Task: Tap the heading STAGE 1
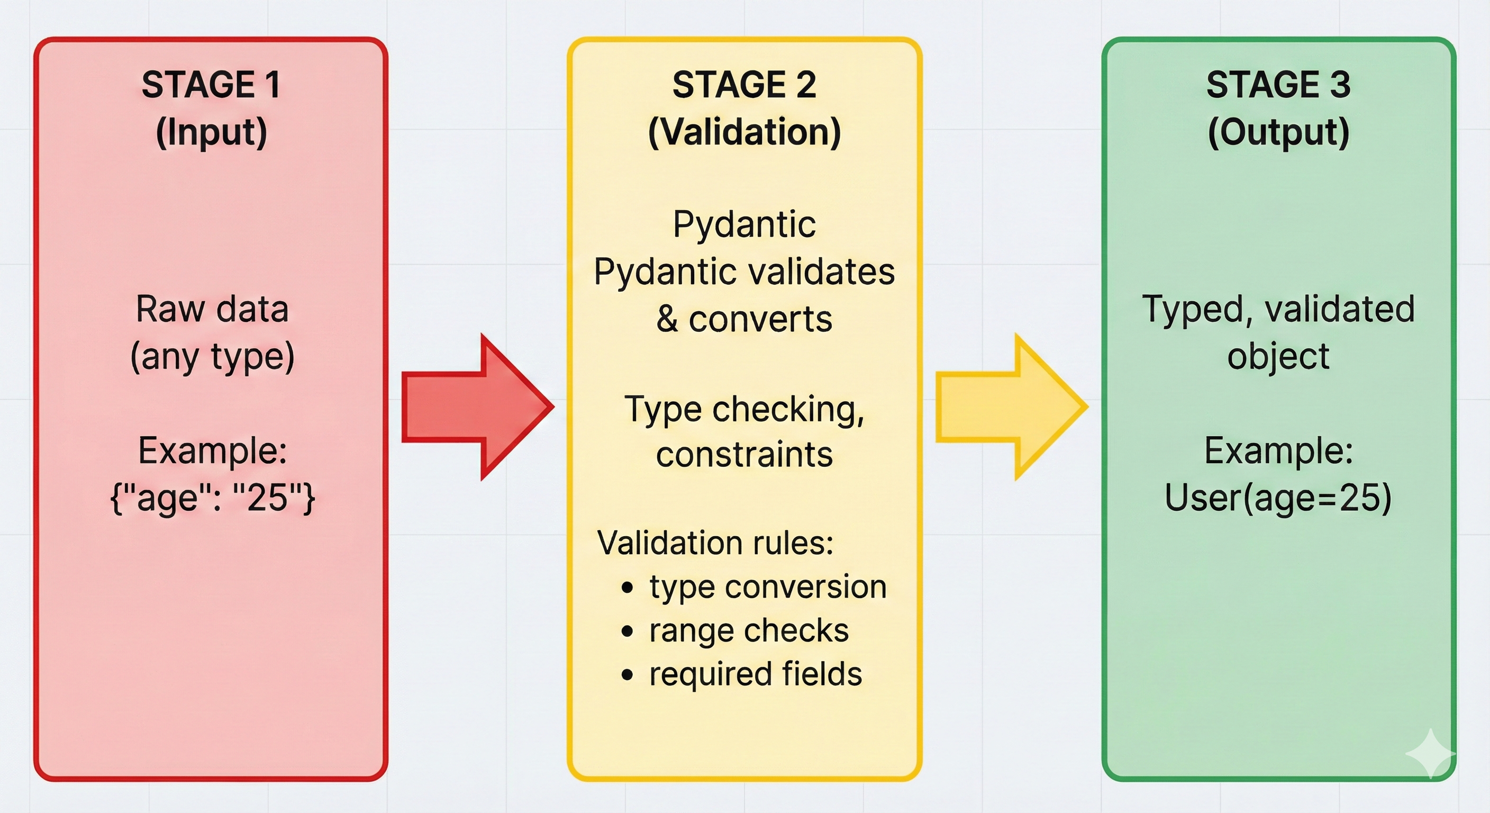click(x=211, y=85)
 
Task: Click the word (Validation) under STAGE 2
click(x=744, y=132)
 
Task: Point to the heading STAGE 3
click(x=1278, y=85)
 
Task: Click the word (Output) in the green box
click(x=1278, y=132)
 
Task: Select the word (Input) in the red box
click(x=211, y=132)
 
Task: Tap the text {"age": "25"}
click(x=212, y=498)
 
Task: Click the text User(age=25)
click(x=1278, y=498)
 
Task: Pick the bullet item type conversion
click(x=767, y=587)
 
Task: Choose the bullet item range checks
click(x=749, y=630)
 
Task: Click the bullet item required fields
click(x=755, y=674)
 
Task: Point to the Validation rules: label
click(x=715, y=543)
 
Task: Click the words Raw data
click(x=212, y=309)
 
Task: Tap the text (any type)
click(x=212, y=356)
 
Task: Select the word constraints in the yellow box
click(x=744, y=455)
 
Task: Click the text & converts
click(x=744, y=319)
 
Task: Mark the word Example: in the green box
click(x=1278, y=451)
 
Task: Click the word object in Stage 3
click(x=1278, y=356)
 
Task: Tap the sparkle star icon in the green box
click(x=1430, y=753)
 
